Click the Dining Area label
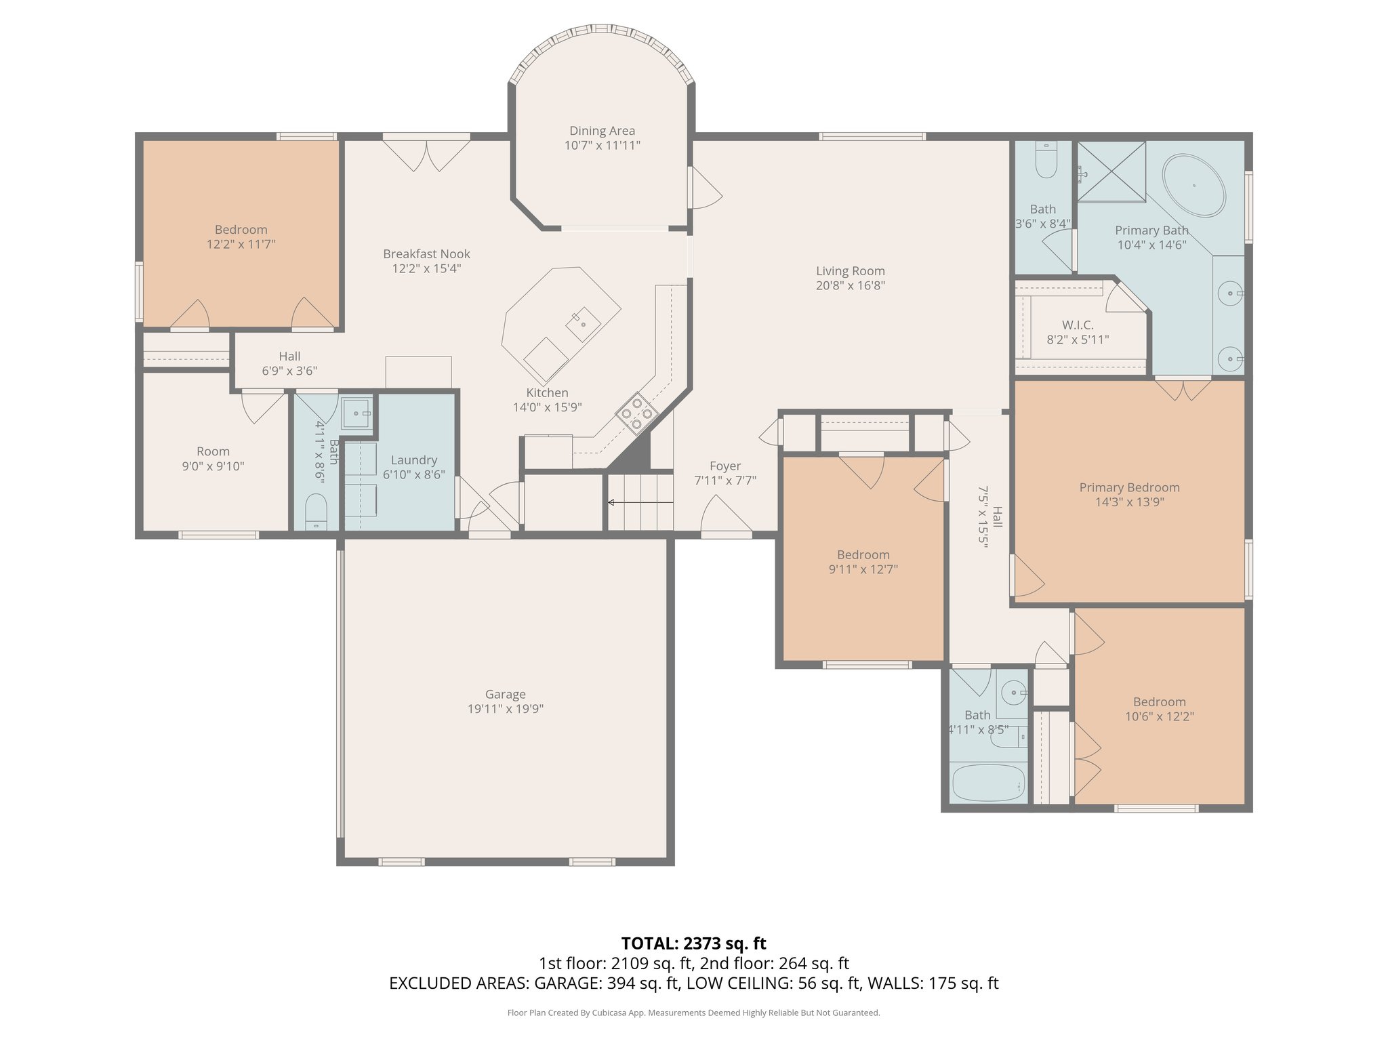point(602,131)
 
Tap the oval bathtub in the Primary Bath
point(1193,186)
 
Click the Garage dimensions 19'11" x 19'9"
point(505,709)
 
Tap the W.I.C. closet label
point(1077,325)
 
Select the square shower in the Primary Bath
point(1111,171)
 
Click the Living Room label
point(850,271)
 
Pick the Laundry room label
point(413,460)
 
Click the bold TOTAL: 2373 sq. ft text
point(693,943)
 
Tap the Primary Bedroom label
point(1129,487)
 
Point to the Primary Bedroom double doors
point(1183,389)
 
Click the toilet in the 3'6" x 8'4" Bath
point(1046,161)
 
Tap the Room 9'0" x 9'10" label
point(213,451)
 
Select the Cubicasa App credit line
point(693,1013)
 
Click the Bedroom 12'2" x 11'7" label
point(241,230)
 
